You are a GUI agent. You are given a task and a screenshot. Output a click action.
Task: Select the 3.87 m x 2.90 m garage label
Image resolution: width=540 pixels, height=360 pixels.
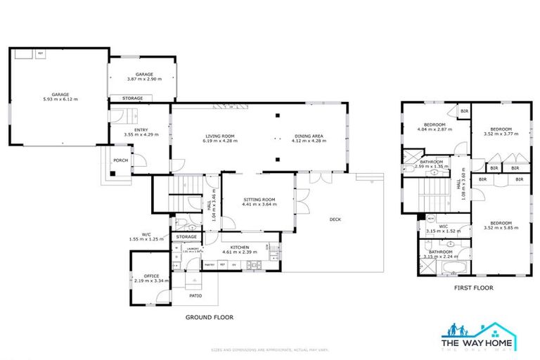(x=144, y=77)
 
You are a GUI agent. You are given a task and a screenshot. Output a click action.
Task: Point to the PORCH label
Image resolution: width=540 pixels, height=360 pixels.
(x=120, y=160)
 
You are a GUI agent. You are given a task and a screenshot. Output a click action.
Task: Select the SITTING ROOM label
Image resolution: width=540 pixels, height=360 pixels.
(x=255, y=202)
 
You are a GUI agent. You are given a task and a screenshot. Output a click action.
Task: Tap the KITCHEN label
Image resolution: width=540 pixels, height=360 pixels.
(x=239, y=249)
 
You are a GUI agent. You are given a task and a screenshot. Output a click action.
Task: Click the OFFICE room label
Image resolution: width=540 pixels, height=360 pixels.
(x=152, y=278)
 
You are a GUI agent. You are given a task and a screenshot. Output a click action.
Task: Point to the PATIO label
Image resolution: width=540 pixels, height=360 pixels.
(x=196, y=296)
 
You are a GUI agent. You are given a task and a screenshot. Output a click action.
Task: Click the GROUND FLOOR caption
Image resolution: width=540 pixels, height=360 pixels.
(x=209, y=317)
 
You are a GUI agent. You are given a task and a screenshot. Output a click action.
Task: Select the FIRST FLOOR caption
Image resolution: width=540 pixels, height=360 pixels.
(x=472, y=288)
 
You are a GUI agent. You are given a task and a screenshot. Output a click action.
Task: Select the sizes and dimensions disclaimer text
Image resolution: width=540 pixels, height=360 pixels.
(x=270, y=350)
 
